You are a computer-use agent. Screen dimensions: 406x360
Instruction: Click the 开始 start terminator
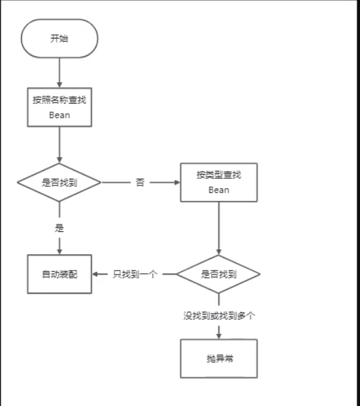coord(59,39)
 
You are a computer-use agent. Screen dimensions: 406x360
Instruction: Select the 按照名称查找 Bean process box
coord(59,107)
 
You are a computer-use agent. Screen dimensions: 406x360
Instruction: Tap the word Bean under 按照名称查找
coord(59,115)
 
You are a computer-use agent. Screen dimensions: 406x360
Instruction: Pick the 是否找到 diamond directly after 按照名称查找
coord(59,182)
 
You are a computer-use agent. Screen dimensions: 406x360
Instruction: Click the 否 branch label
coord(140,183)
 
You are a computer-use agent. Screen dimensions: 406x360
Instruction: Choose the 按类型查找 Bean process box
coord(219,182)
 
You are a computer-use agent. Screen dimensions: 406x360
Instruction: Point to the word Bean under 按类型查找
coord(219,190)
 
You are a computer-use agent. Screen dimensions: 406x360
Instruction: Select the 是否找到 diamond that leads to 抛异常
coord(218,274)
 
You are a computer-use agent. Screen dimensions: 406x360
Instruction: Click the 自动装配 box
coord(59,274)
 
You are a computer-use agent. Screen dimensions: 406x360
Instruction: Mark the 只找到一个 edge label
coord(135,274)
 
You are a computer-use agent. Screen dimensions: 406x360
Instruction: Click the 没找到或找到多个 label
coord(218,315)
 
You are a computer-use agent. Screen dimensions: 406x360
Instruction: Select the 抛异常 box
coord(218,358)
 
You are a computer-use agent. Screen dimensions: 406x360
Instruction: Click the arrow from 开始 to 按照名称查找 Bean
coord(59,71)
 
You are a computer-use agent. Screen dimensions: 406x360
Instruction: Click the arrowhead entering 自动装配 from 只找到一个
coord(96,274)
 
